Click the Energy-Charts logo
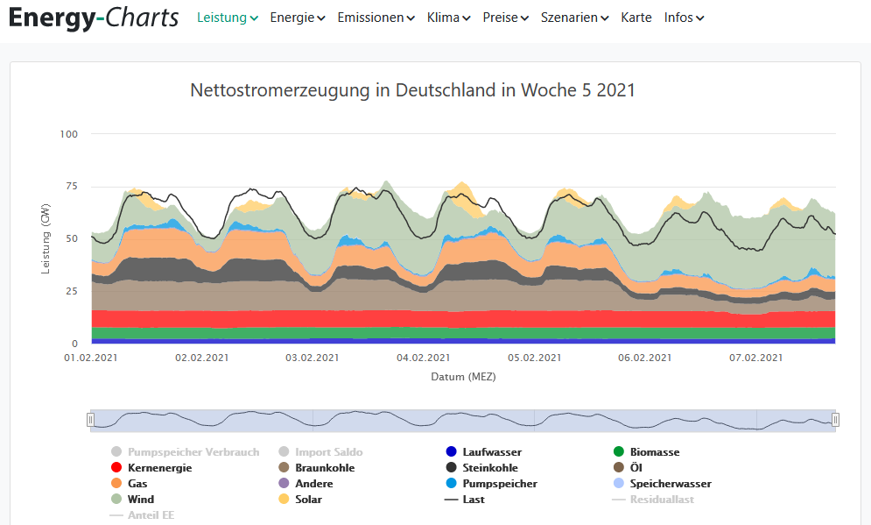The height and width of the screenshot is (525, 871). click(94, 18)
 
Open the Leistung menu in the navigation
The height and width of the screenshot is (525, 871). click(227, 18)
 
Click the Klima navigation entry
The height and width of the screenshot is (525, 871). click(448, 18)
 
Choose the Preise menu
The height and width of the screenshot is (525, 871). click(505, 18)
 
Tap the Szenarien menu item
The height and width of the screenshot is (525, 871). click(574, 18)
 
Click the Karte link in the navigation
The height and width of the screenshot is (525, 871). click(636, 18)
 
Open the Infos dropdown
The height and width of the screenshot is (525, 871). click(684, 18)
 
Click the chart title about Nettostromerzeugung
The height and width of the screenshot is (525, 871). click(412, 90)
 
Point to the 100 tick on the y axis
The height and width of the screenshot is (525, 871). click(69, 134)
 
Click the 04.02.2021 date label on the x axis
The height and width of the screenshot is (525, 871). click(423, 358)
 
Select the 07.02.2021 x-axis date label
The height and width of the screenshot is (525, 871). click(755, 358)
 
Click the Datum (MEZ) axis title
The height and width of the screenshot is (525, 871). click(463, 377)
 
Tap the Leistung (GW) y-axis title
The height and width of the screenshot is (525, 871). click(46, 239)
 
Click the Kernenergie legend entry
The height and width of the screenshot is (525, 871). click(158, 468)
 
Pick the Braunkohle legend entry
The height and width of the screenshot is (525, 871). click(324, 468)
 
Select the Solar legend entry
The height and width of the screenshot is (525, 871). click(308, 500)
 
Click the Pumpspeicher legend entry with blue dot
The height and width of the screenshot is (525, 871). click(499, 484)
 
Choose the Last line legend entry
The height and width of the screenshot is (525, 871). click(473, 500)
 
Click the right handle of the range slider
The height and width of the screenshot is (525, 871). click(835, 420)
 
